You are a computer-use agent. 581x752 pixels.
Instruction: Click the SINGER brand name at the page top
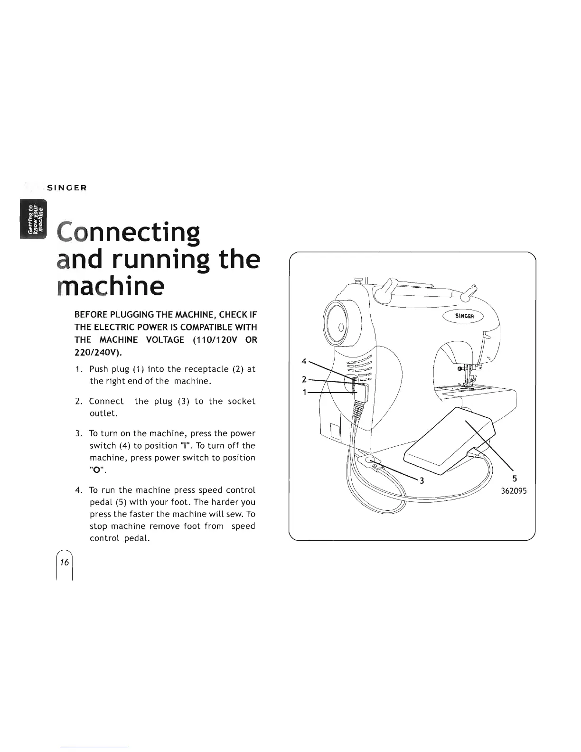[x=70, y=188]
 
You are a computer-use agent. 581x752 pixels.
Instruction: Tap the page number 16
[x=65, y=562]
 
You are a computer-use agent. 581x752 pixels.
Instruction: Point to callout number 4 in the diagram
[x=304, y=361]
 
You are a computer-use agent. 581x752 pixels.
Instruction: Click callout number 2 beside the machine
[x=304, y=379]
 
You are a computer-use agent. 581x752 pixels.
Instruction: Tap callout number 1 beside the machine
[x=304, y=392]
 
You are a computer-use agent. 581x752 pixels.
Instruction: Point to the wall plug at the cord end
[x=374, y=462]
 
